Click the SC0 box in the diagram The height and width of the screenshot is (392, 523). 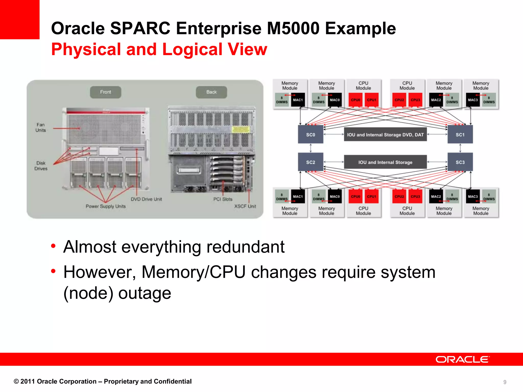click(311, 134)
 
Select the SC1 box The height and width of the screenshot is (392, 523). click(460, 134)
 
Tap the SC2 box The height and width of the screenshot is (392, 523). click(311, 162)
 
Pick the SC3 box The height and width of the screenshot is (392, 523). click(460, 162)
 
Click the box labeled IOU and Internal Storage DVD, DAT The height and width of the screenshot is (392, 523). click(385, 134)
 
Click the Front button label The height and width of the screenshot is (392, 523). click(105, 92)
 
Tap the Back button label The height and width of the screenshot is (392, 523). click(211, 92)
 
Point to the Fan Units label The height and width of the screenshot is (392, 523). click(41, 127)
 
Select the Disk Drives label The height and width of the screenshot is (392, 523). click(41, 166)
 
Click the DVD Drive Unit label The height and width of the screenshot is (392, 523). click(146, 199)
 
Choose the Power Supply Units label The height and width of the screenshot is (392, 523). click(106, 206)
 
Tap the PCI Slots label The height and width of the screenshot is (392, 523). click(223, 199)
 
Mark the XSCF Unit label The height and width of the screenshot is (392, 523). click(245, 206)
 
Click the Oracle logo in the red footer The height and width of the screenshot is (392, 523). click(462, 359)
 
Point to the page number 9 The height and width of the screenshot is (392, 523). click(505, 382)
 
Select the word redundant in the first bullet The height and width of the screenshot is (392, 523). click(245, 247)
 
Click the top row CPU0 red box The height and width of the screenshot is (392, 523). click(355, 100)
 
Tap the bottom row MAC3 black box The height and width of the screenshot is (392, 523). click(473, 197)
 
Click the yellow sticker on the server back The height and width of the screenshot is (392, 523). click(240, 129)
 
